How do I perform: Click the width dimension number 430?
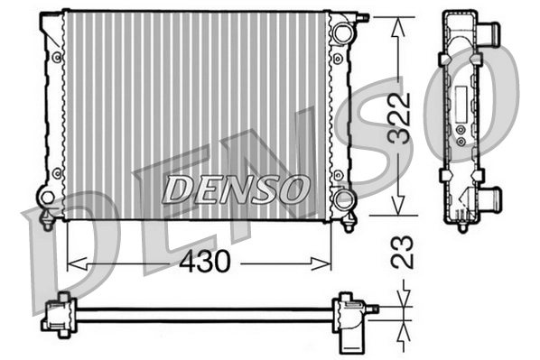pyautogui.click(x=206, y=262)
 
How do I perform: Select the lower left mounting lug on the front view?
pyautogui.click(x=47, y=197)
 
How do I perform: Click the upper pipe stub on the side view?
pyautogui.click(x=489, y=34)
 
